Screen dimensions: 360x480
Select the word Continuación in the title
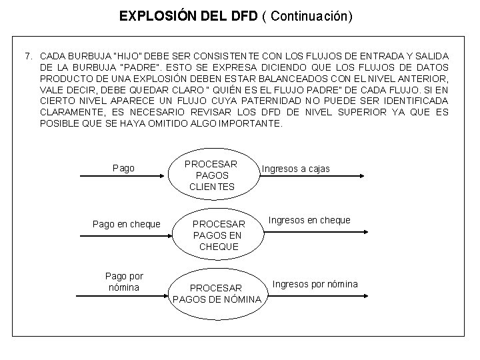tap(309, 16)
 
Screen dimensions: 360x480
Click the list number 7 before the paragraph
tap(28, 55)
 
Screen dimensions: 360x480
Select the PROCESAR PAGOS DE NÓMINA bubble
tap(217, 293)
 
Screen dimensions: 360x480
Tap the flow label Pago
tap(123, 168)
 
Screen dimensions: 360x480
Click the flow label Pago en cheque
tap(126, 224)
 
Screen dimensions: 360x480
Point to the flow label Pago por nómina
tap(124, 281)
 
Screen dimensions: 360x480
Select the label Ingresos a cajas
tap(296, 169)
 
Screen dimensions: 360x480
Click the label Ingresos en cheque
tap(310, 220)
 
